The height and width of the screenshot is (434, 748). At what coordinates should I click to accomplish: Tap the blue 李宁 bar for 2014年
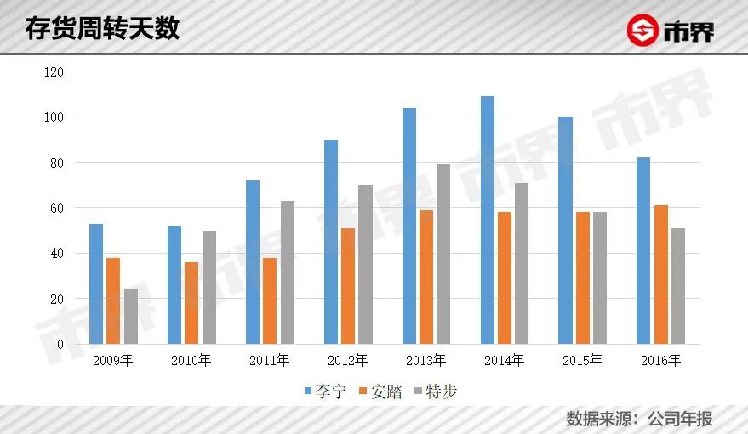click(487, 220)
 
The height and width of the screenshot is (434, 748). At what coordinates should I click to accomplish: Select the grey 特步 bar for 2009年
click(130, 317)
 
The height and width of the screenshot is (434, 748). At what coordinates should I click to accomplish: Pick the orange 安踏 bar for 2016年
click(660, 274)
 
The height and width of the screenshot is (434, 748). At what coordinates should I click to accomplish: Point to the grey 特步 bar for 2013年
click(443, 254)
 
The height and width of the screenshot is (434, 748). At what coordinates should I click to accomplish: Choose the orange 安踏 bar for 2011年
click(270, 300)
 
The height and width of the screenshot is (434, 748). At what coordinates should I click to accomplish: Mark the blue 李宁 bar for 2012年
click(331, 242)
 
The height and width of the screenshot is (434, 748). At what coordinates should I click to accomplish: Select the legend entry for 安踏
click(380, 391)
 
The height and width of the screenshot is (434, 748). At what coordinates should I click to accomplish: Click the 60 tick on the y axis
click(56, 208)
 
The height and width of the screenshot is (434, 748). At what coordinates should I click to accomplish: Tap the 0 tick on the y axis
click(60, 345)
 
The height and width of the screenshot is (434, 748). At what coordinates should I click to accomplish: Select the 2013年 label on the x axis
click(425, 361)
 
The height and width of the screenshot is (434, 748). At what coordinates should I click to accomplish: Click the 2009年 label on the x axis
click(112, 361)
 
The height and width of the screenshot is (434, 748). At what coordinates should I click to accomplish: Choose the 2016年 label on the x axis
click(660, 361)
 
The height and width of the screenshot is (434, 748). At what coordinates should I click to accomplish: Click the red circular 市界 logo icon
click(643, 31)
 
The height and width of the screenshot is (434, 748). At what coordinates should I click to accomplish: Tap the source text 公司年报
click(680, 419)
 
